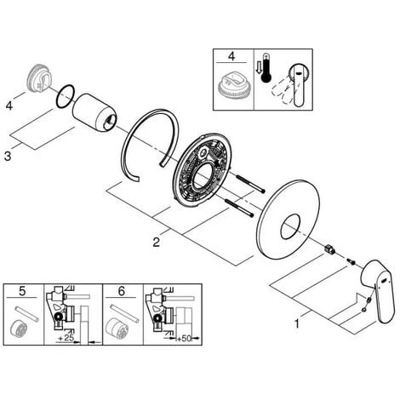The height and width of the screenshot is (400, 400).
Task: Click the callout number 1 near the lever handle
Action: [297, 323]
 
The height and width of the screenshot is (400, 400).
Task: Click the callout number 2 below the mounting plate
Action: [157, 243]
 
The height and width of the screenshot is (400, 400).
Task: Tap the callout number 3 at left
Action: [8, 156]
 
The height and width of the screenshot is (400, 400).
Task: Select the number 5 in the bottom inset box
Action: [22, 291]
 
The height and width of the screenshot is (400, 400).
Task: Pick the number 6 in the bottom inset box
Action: [122, 291]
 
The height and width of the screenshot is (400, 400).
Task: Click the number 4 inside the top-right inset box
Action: [231, 56]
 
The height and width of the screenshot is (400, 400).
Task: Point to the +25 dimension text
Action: [66, 338]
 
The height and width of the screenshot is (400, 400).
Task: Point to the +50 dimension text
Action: [183, 339]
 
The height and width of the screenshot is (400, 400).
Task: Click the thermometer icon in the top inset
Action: [267, 67]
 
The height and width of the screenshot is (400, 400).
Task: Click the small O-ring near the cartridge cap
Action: [66, 96]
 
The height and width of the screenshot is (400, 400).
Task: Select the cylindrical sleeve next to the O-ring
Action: [94, 113]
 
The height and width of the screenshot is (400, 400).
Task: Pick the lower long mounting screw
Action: [238, 209]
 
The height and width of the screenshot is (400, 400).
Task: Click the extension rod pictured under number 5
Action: [26, 314]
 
